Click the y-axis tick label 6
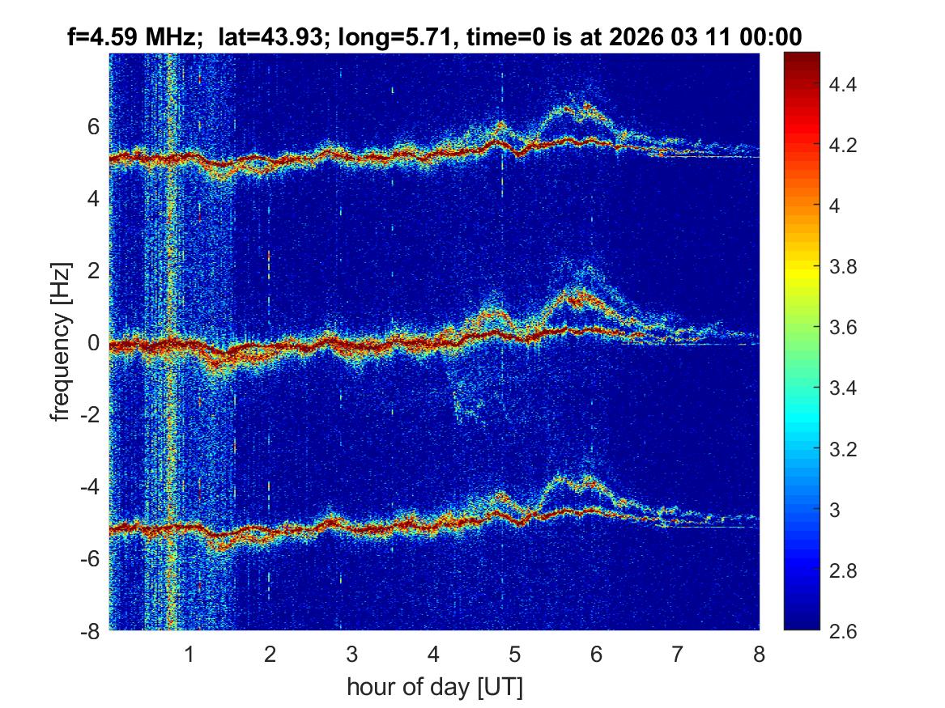tap(93, 126)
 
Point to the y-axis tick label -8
tap(89, 631)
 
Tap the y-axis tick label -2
tap(89, 415)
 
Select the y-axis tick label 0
tap(93, 343)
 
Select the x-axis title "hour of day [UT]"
tap(434, 688)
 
